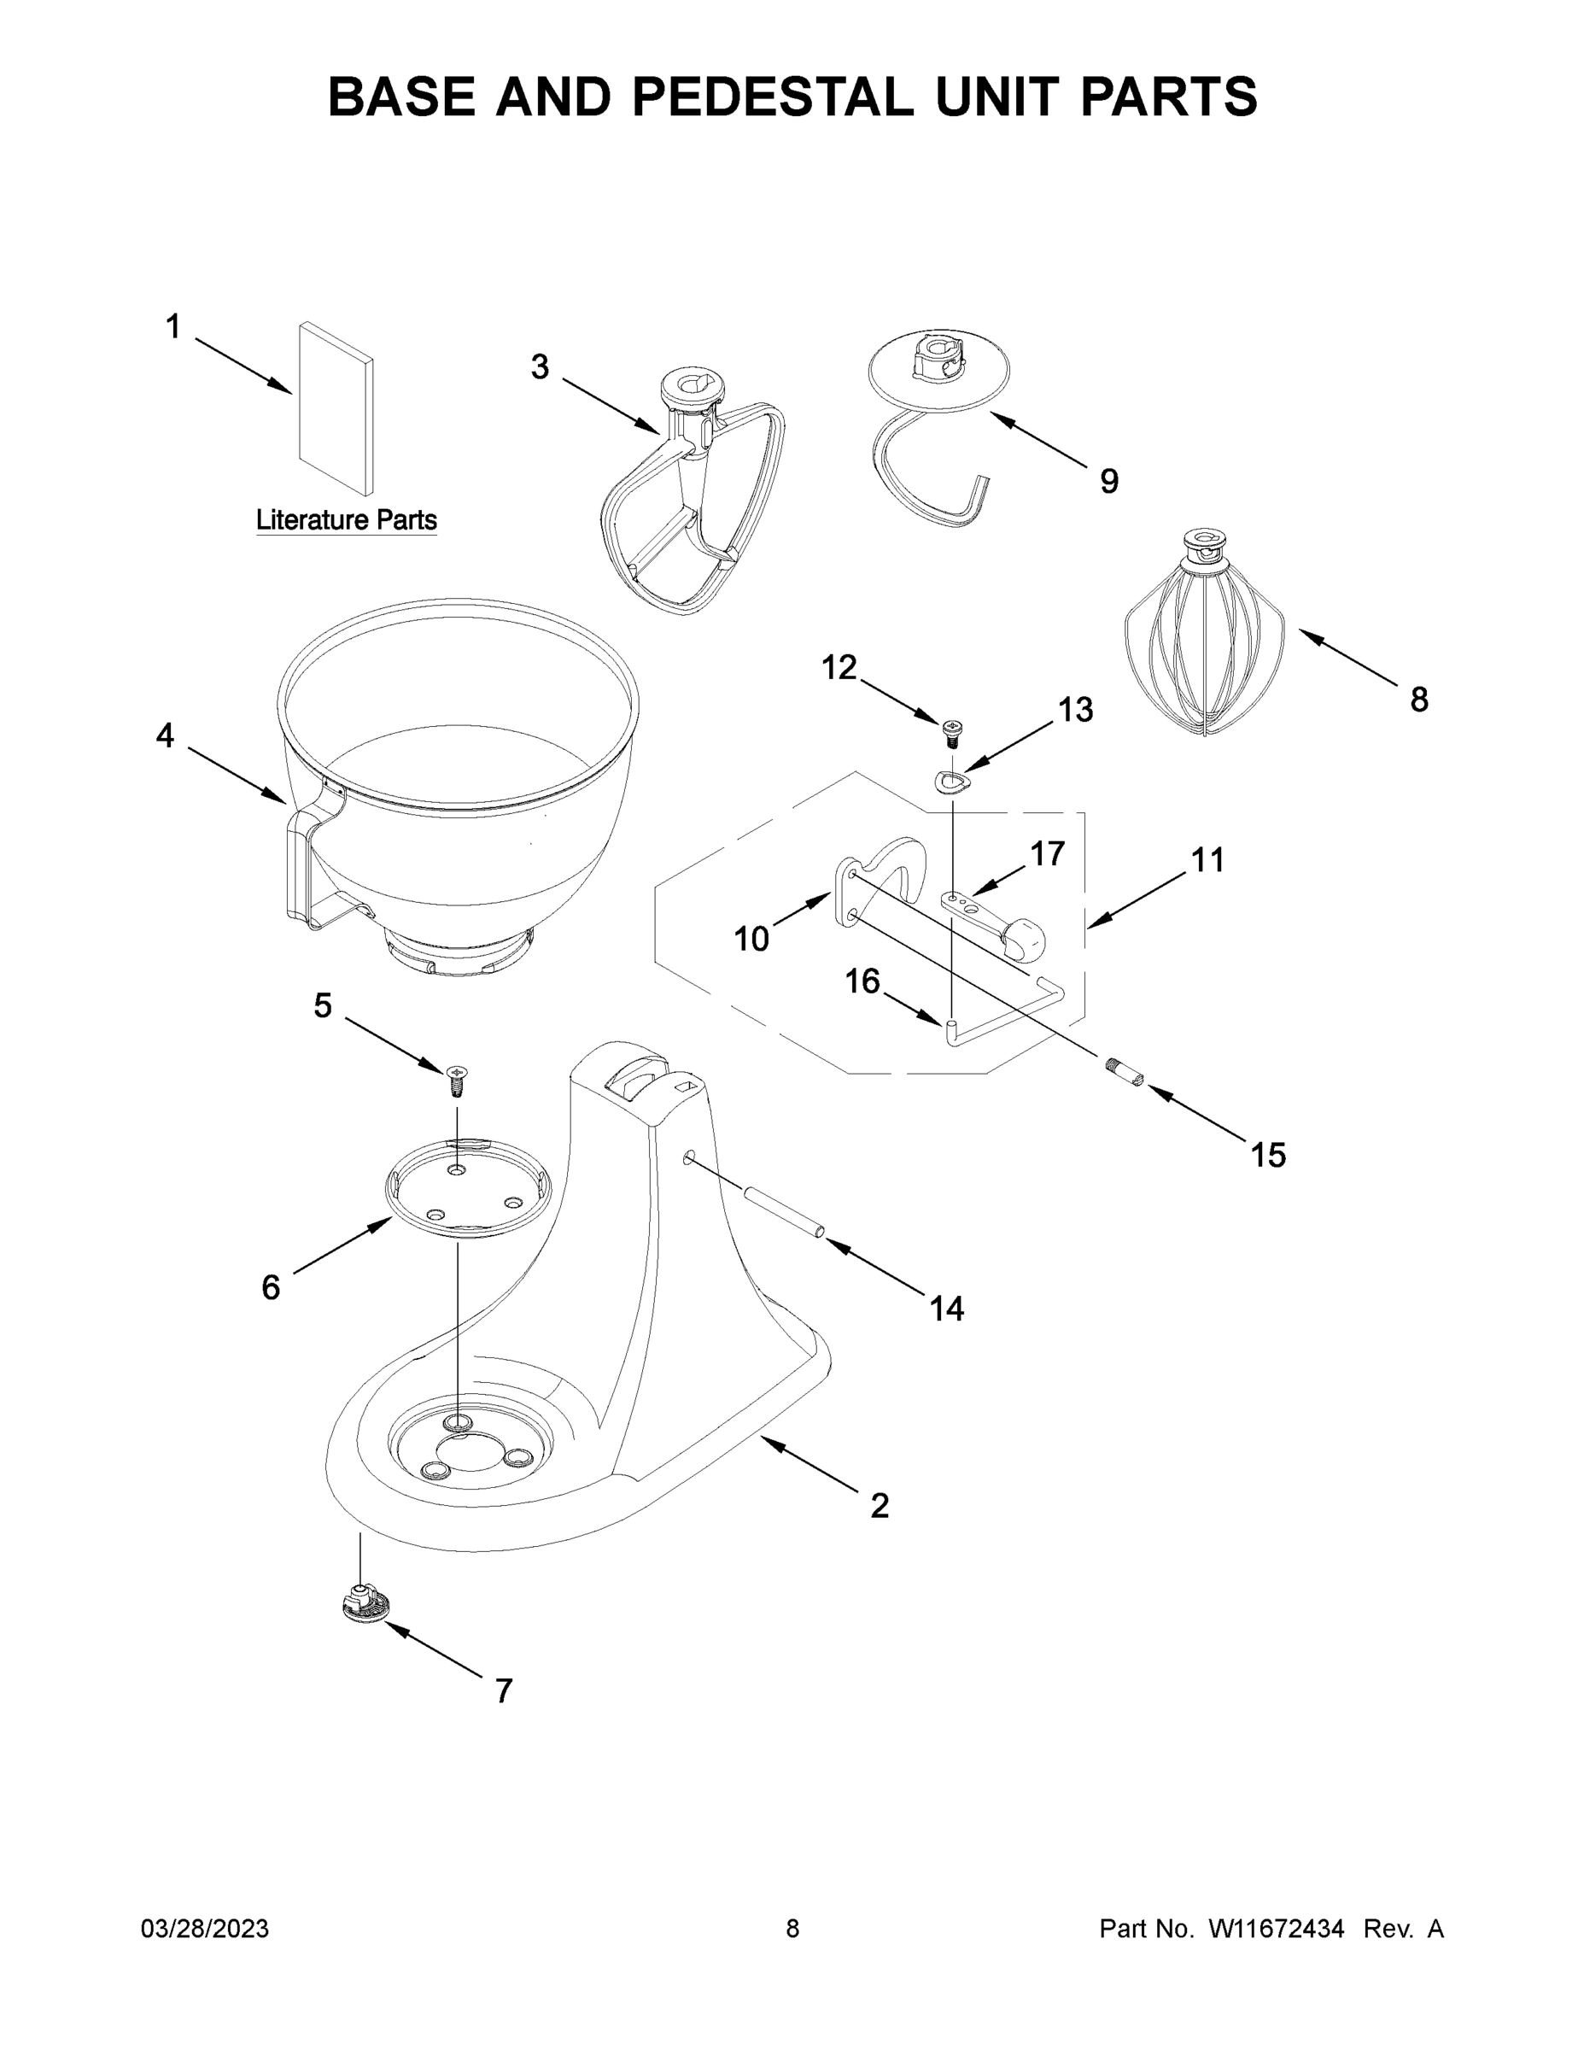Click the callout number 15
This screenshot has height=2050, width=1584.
(1267, 1155)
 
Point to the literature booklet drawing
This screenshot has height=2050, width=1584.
(335, 408)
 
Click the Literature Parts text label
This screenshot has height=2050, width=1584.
(347, 519)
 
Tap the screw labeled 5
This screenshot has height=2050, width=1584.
(458, 1081)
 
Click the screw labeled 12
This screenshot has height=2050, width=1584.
(951, 729)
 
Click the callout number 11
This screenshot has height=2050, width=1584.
(1207, 860)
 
